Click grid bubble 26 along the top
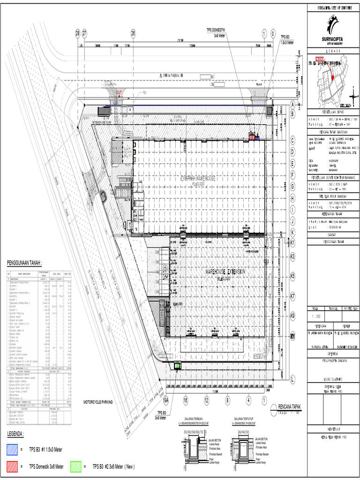[133, 33]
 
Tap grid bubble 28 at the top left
[78, 33]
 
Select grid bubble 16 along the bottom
[186, 400]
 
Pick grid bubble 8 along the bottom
[227, 400]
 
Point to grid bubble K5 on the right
[292, 277]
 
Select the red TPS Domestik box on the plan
[252, 137]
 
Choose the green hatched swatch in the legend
[76, 466]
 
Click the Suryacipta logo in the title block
[333, 27]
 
